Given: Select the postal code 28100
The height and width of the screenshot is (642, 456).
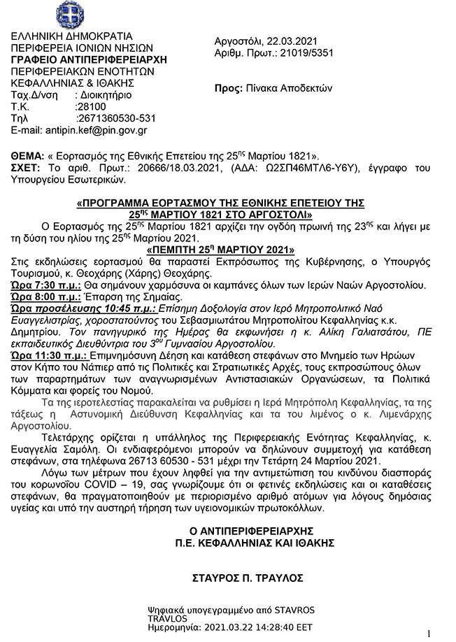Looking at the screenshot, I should tap(90, 106).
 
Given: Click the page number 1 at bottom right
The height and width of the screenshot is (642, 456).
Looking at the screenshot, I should tap(428, 632).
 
